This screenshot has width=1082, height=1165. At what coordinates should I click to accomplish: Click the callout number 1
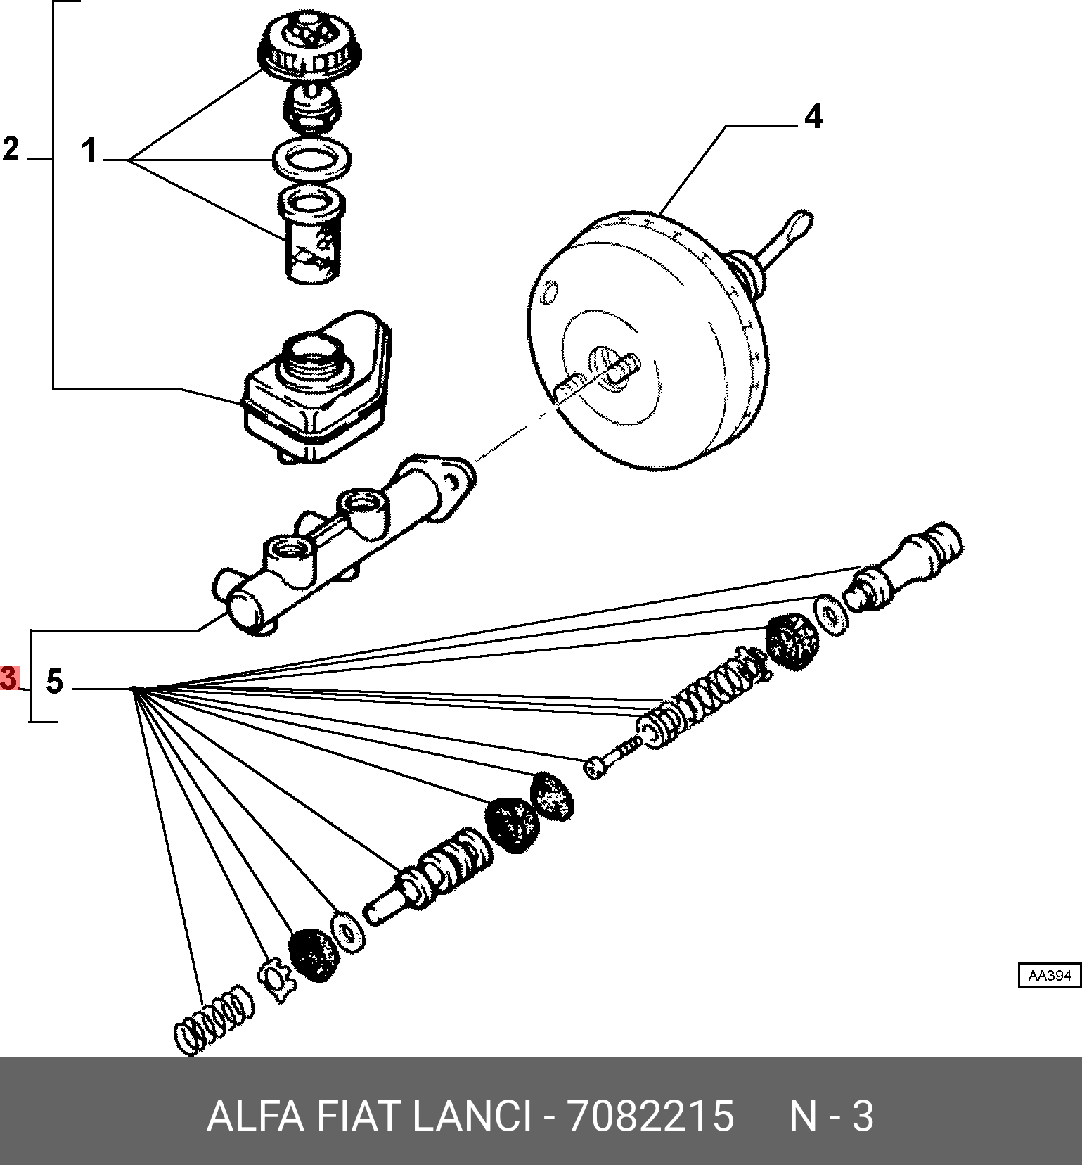pyautogui.click(x=89, y=151)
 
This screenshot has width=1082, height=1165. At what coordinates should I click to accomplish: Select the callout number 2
pyautogui.click(x=11, y=149)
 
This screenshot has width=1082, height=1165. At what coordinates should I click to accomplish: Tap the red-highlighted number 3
pyautogui.click(x=9, y=678)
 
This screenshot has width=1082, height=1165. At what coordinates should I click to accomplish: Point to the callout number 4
pyautogui.click(x=813, y=117)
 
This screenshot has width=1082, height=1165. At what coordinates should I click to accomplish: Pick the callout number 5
pyautogui.click(x=54, y=682)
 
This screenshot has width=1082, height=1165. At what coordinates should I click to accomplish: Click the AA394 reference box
pyautogui.click(x=1049, y=976)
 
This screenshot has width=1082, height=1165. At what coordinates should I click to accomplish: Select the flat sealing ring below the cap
pyautogui.click(x=312, y=160)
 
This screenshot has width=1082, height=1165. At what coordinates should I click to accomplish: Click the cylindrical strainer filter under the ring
pyautogui.click(x=312, y=236)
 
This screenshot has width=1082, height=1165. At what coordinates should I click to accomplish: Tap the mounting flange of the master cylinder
pyautogui.click(x=443, y=478)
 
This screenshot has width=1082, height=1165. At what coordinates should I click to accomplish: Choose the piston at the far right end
pyautogui.click(x=907, y=566)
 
